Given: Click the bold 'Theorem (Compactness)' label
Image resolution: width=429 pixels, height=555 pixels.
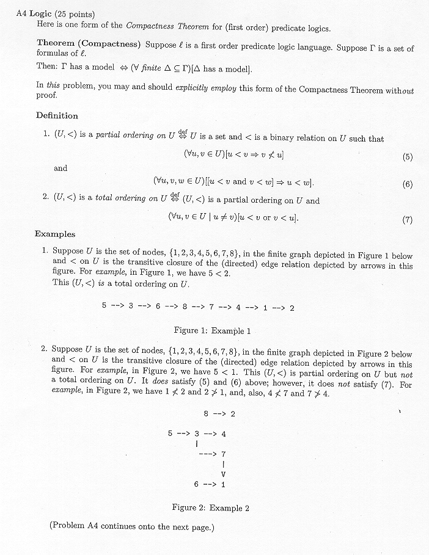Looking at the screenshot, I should tap(89, 44).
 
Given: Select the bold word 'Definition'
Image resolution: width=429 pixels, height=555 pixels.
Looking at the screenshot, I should tap(57, 115).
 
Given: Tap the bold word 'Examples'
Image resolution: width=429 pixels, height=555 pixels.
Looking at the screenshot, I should tap(55, 234).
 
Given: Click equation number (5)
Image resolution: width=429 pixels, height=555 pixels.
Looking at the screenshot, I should tap(408, 156).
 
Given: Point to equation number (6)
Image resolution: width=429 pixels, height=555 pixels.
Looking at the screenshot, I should tap(408, 184).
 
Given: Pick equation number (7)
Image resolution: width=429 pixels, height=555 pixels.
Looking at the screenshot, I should tap(408, 220).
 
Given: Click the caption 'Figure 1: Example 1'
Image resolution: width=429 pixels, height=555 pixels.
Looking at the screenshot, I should tap(212, 330).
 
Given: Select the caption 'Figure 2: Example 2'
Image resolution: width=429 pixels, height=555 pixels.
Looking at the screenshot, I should tap(210, 507).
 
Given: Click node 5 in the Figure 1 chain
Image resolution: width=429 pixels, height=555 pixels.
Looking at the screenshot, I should tap(105, 307).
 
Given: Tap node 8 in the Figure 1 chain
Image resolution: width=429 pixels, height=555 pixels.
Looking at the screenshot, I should tap(184, 307).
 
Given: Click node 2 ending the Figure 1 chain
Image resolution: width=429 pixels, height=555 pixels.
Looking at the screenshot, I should tap(292, 307).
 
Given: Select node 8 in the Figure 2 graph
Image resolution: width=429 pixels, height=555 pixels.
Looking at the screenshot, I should tap(206, 413).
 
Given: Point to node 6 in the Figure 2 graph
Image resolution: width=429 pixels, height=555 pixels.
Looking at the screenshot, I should tap(196, 485).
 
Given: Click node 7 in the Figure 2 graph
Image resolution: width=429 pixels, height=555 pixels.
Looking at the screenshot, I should tap(224, 454).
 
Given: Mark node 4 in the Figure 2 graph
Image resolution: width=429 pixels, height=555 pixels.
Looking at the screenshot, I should tap(224, 433).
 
